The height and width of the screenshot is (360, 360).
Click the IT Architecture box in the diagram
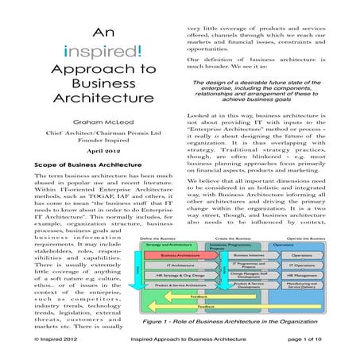[x=173, y=266]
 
